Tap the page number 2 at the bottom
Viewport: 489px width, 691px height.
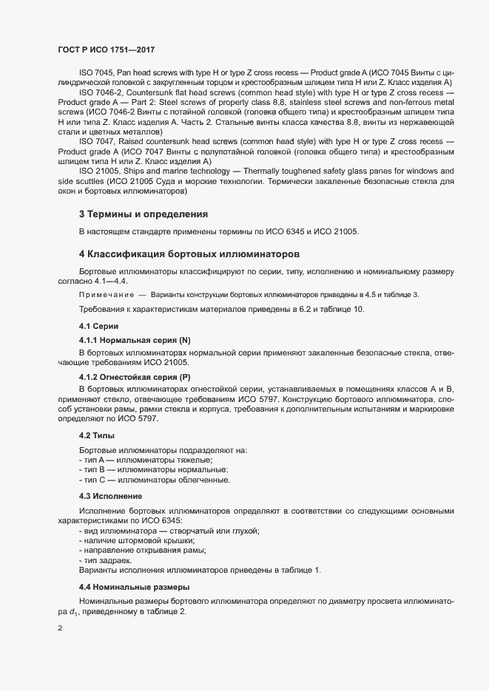click(60, 629)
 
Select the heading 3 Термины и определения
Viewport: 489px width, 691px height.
click(143, 214)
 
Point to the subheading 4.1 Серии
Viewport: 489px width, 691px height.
click(97, 326)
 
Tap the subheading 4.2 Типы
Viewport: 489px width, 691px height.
click(95, 435)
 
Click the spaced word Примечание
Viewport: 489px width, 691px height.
click(106, 295)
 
